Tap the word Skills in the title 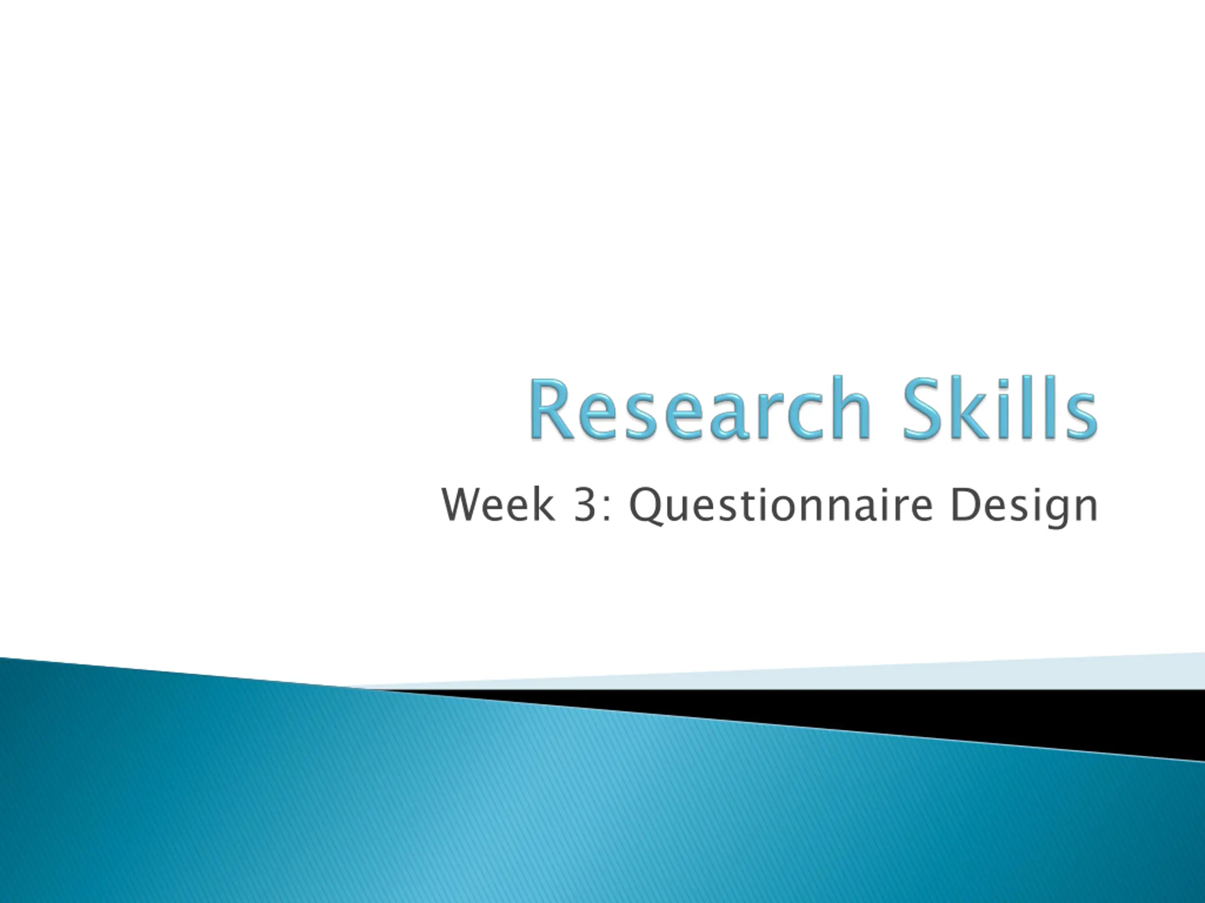pos(1000,408)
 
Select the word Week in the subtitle pos(498,505)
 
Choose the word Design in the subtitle pos(1024,507)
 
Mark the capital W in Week pos(464,506)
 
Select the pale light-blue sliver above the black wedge pos(817,675)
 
